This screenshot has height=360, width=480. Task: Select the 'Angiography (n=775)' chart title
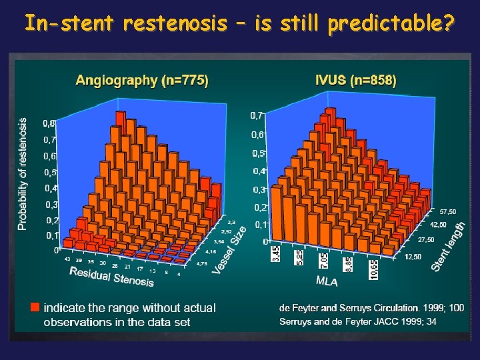(x=142, y=81)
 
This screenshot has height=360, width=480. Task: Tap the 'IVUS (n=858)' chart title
(x=355, y=81)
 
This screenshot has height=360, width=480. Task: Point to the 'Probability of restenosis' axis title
(x=23, y=175)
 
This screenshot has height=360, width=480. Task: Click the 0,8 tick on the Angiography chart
(x=49, y=123)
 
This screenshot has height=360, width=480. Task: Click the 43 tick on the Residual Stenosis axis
(x=68, y=259)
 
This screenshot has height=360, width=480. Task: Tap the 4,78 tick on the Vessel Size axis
(x=201, y=264)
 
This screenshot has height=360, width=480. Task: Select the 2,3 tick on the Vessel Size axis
(x=231, y=222)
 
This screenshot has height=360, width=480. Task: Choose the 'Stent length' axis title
(x=449, y=247)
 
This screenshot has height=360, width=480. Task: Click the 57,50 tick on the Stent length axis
(x=447, y=211)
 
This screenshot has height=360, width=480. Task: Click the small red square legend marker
(x=35, y=307)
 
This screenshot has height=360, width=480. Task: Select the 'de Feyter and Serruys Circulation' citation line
(x=371, y=308)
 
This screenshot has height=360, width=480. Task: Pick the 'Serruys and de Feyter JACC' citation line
(x=357, y=321)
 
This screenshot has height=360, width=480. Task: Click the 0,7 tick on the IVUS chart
(x=257, y=116)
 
